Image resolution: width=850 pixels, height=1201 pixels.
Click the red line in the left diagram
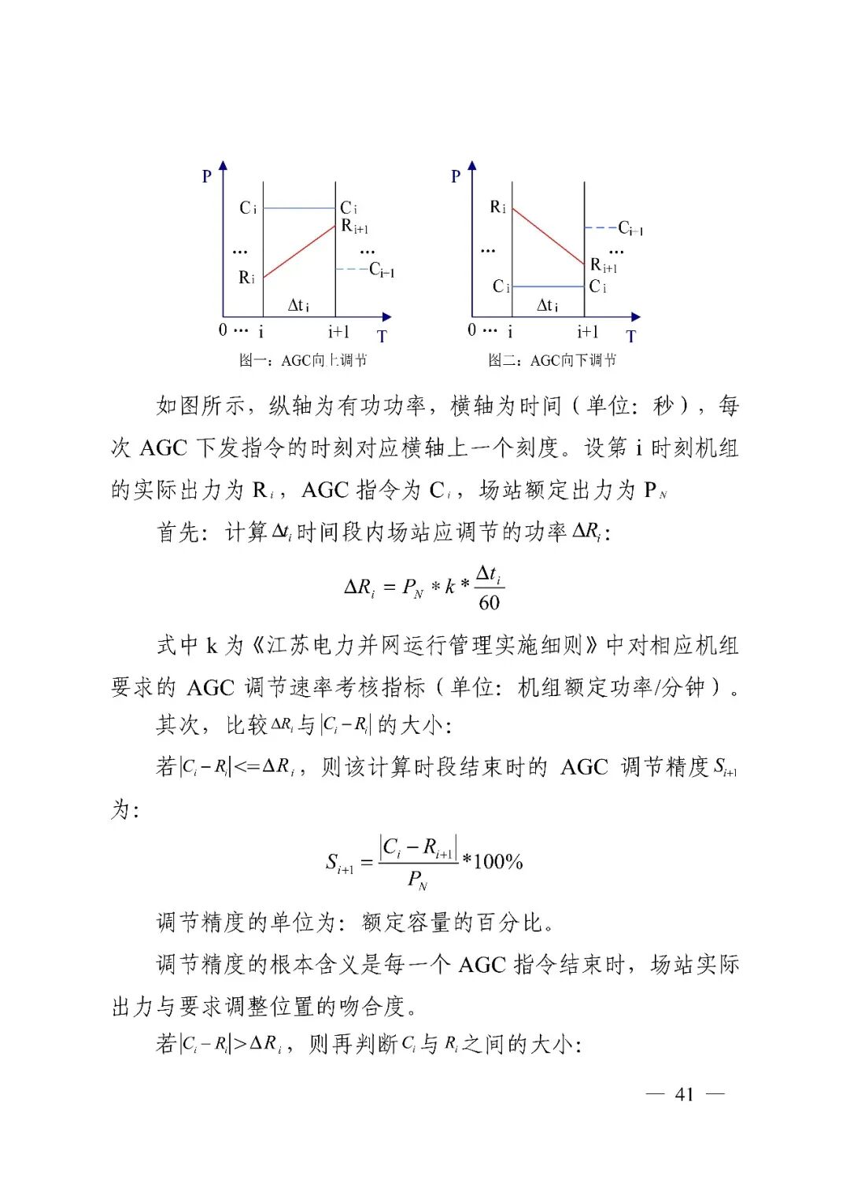[300, 252]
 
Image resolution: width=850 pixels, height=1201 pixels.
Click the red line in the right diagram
[548, 235]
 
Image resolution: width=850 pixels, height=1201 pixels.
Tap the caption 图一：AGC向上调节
[303, 360]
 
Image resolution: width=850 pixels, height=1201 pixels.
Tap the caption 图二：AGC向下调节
[552, 360]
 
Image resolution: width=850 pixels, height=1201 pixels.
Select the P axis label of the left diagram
[207, 176]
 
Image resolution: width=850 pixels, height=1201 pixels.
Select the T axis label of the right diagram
[630, 337]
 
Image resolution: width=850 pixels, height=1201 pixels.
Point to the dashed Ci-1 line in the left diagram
[351, 269]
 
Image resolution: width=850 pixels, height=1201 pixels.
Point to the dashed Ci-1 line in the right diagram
[601, 228]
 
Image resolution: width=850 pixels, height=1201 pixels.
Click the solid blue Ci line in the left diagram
[299, 208]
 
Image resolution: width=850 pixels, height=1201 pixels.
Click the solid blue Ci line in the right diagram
[548, 287]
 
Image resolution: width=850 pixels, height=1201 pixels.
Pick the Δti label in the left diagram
[298, 305]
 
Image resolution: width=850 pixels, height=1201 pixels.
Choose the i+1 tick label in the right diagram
[588, 331]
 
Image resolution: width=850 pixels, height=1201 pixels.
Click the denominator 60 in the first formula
[489, 603]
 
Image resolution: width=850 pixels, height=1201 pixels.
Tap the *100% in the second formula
[493, 861]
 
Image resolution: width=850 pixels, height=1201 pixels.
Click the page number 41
[684, 1094]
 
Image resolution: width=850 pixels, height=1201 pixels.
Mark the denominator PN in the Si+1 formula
[417, 880]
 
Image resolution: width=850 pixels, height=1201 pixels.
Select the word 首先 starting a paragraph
[179, 532]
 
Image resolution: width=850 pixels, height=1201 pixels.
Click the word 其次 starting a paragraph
[179, 724]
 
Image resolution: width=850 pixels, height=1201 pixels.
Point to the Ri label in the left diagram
[246, 278]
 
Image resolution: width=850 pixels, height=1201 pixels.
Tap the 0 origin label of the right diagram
[471, 330]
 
